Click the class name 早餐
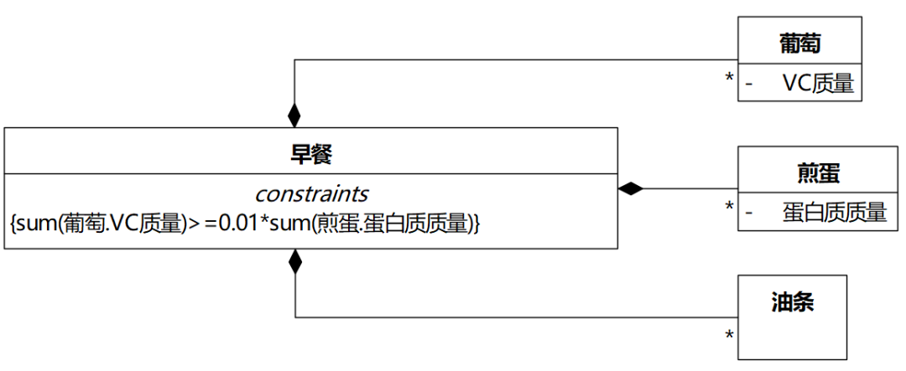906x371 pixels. [x=311, y=153]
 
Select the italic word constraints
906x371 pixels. [x=311, y=194]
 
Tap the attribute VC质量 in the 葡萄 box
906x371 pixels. [x=817, y=84]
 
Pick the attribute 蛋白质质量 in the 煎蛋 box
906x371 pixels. [x=834, y=212]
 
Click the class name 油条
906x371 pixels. [x=792, y=302]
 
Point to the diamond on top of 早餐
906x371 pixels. [x=294, y=114]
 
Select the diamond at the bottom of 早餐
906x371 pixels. [x=294, y=261]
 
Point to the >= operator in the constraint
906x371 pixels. [x=202, y=224]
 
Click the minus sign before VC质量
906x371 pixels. [x=749, y=84]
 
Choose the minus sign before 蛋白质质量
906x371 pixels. [x=749, y=213]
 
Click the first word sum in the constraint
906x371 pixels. [x=34, y=224]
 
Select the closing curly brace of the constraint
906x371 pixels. [x=476, y=224]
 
